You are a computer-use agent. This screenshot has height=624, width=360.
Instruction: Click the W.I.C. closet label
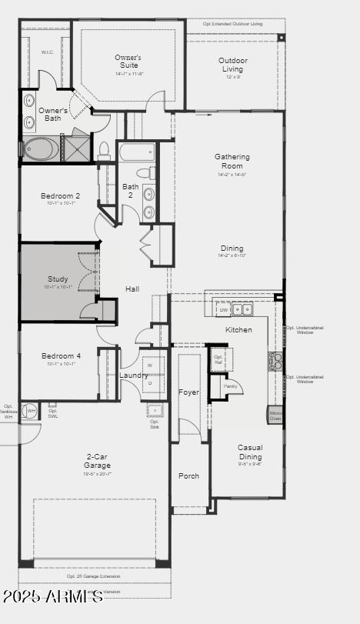coord(48,53)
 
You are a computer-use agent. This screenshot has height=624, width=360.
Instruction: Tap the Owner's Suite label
coord(128,62)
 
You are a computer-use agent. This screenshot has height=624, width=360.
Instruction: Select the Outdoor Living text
coord(232,65)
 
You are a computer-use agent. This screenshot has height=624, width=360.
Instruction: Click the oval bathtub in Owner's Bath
coord(38,148)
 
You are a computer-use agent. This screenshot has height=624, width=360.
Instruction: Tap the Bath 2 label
coord(130,191)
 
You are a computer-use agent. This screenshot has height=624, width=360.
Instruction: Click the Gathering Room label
coord(232,161)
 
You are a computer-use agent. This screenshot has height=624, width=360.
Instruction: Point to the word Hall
coord(132,289)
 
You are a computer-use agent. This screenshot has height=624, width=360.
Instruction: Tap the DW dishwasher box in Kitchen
coord(222,309)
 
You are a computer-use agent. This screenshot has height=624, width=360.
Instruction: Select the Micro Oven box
coord(275,415)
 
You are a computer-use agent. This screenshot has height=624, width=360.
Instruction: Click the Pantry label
coord(230,385)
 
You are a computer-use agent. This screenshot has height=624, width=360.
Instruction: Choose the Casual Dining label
coord(250,452)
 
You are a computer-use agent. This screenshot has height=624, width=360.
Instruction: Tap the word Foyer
coord(188,392)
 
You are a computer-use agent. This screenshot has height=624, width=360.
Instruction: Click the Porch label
coord(188,476)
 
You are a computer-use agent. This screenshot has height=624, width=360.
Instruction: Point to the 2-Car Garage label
coord(97,462)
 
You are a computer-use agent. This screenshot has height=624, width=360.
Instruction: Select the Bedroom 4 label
coord(61,356)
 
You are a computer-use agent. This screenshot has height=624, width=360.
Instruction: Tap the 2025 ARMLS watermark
coord(52,597)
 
